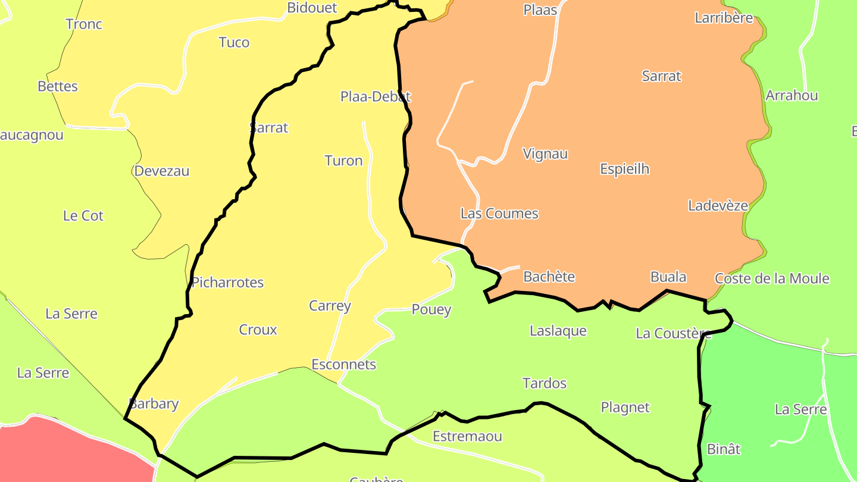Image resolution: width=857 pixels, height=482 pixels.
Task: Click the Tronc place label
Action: click(84, 24)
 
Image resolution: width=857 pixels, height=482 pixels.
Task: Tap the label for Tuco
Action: click(234, 43)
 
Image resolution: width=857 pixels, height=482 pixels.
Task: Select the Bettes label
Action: click(58, 86)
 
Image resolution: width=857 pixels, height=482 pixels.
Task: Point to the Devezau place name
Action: click(162, 171)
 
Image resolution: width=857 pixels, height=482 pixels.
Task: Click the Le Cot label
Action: click(83, 216)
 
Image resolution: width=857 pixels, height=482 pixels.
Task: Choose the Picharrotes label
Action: click(227, 283)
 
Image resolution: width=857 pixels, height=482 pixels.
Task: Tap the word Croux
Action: click(258, 330)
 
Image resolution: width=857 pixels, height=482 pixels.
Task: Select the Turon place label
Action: click(343, 161)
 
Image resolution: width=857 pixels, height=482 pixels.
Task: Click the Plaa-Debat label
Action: click(376, 96)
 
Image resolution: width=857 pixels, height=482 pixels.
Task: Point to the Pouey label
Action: click(431, 310)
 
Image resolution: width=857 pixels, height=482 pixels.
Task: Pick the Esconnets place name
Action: click(344, 364)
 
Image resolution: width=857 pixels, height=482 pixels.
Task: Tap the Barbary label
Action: click(154, 403)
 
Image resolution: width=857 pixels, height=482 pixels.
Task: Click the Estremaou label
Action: click(467, 436)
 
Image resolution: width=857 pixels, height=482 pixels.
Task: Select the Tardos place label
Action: click(544, 383)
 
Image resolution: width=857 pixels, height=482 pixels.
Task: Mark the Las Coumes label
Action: click(499, 214)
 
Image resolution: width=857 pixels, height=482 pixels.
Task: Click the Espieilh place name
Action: click(624, 170)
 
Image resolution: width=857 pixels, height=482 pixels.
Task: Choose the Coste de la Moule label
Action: click(772, 278)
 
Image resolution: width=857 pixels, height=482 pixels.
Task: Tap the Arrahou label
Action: click(792, 96)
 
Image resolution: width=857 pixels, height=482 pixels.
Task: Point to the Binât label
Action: click(724, 449)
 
